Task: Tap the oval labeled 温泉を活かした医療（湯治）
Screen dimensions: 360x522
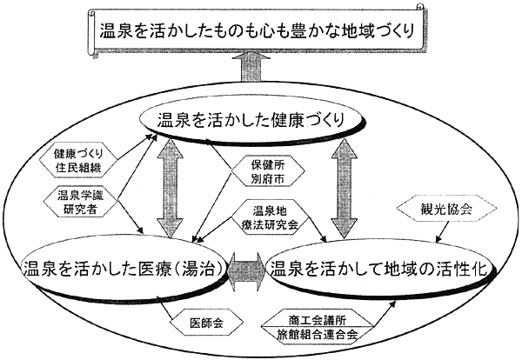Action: (124, 264)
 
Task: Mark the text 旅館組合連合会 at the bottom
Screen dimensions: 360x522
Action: (323, 333)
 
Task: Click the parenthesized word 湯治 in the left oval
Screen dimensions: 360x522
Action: (203, 264)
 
